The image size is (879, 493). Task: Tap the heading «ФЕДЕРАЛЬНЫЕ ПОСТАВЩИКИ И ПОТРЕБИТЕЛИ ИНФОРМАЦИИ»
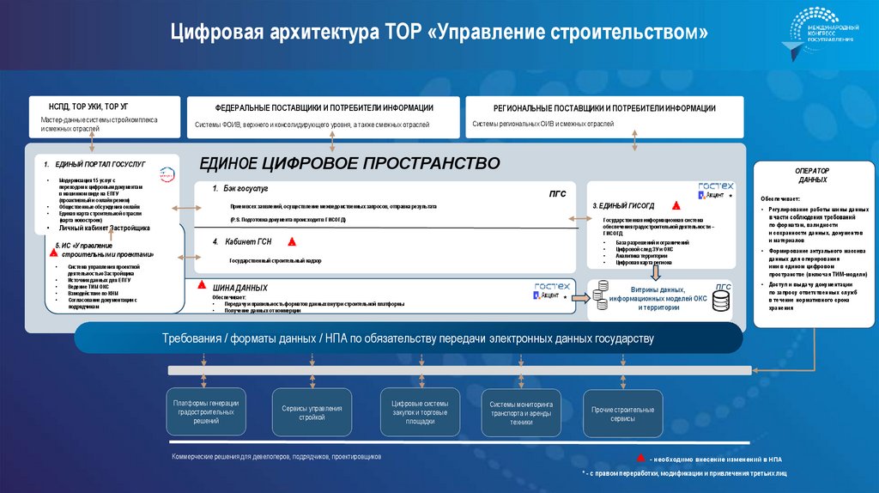pos(324,108)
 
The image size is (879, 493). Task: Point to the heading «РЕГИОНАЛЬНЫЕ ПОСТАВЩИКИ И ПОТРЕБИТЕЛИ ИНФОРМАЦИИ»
pos(604,109)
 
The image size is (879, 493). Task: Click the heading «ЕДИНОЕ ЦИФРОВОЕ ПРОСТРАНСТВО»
pos(349,163)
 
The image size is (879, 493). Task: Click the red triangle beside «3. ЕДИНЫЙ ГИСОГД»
pos(676,206)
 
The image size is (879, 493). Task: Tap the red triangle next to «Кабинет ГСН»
pos(293,242)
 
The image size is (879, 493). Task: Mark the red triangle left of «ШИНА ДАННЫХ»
pos(201,283)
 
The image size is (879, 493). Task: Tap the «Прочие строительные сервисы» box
pos(622,414)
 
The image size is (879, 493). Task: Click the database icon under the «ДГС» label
pos(720,300)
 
